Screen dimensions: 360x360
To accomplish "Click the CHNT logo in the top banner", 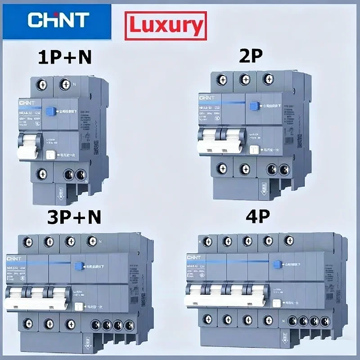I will (58, 19).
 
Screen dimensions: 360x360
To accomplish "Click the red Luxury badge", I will (166, 26).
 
